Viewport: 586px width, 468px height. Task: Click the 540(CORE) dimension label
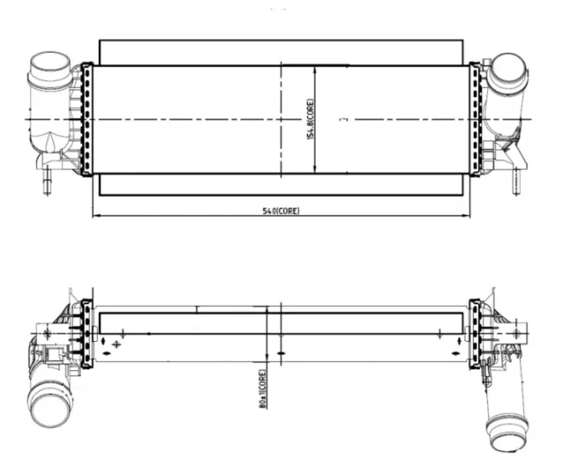coord(281,211)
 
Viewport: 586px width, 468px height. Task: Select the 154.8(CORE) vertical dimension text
coord(310,119)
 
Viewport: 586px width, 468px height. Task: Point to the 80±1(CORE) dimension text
coord(263,389)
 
